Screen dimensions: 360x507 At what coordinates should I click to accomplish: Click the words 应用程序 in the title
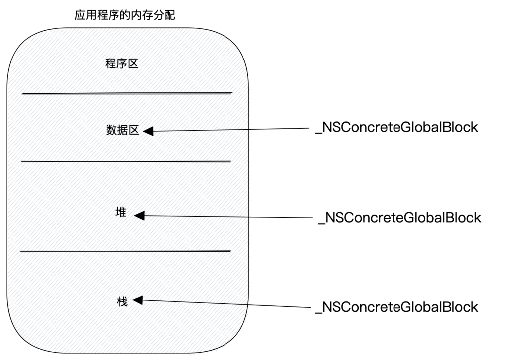(x=92, y=15)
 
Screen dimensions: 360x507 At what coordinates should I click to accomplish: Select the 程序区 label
(x=121, y=65)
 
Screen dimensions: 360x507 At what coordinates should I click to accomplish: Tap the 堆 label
(x=121, y=213)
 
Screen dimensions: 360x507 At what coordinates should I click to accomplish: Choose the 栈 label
(x=122, y=301)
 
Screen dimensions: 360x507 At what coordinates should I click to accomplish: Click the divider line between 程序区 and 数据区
(x=126, y=93)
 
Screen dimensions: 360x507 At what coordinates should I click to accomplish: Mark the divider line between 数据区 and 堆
(x=126, y=161)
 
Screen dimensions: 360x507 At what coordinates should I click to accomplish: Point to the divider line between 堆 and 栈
(x=126, y=251)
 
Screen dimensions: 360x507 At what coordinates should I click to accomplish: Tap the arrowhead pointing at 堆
(x=140, y=215)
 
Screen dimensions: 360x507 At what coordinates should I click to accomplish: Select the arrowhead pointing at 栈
(x=138, y=300)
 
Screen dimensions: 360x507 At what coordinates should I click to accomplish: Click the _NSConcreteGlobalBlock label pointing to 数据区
(x=396, y=127)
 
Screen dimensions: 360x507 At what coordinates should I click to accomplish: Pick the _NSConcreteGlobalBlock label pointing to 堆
(x=399, y=217)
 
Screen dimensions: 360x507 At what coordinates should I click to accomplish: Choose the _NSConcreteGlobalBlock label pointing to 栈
(x=396, y=307)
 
